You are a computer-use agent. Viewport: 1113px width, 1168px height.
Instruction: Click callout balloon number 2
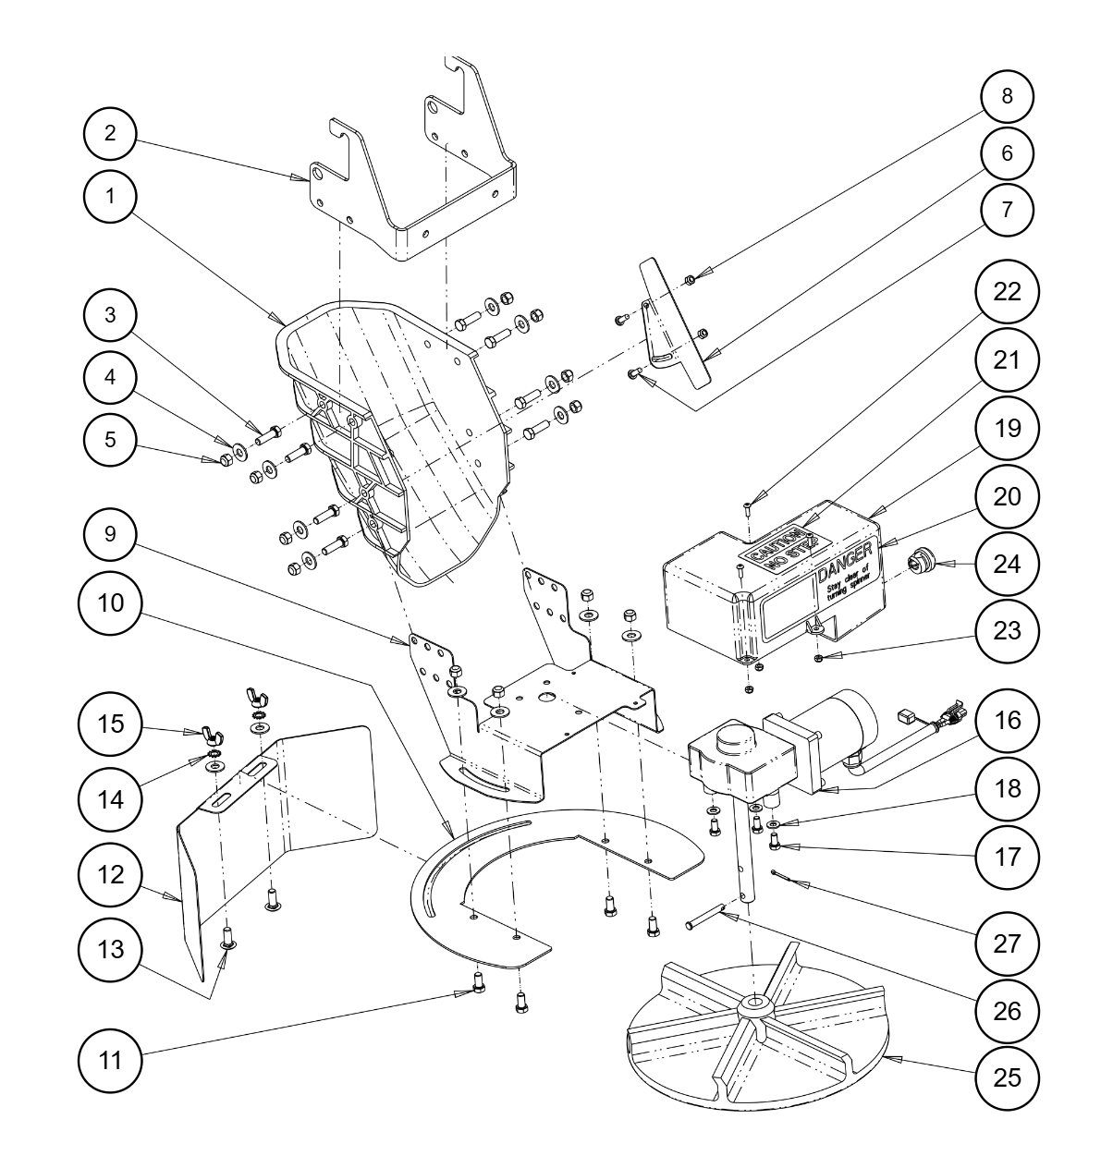110,133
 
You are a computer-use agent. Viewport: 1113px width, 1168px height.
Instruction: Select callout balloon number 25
1008,1077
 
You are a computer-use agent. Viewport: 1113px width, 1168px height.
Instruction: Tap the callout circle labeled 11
110,1060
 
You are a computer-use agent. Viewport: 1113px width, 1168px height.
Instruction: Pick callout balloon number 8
1008,96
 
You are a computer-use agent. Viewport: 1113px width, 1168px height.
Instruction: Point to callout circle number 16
1008,719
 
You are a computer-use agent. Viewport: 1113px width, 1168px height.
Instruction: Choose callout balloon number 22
1008,291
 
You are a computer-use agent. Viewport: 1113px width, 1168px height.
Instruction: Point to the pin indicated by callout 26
705,920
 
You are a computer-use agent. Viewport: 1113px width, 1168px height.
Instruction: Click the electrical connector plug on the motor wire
951,714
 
